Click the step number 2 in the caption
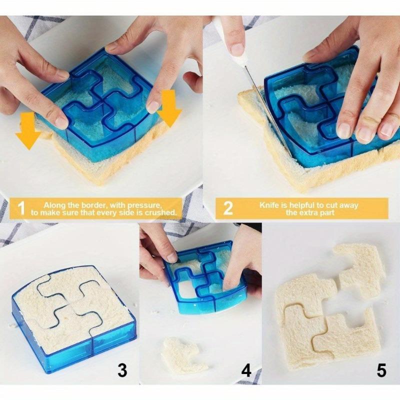[x=227, y=208]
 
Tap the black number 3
[x=121, y=370]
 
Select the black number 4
[x=246, y=370]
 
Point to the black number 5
[x=381, y=370]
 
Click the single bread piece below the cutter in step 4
[x=184, y=354]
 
